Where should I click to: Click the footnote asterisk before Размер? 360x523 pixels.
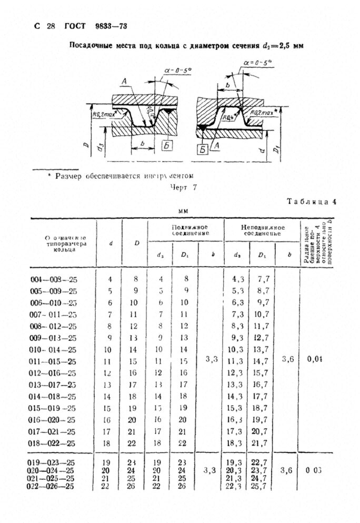click(49, 175)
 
